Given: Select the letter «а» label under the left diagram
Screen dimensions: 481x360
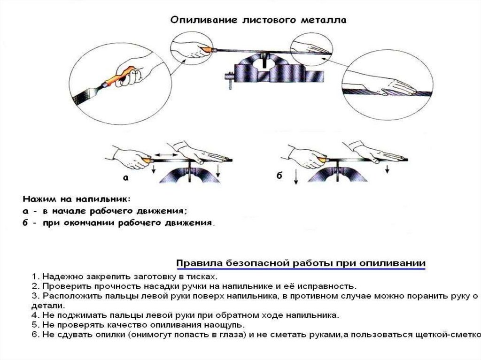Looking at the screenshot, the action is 125,178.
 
